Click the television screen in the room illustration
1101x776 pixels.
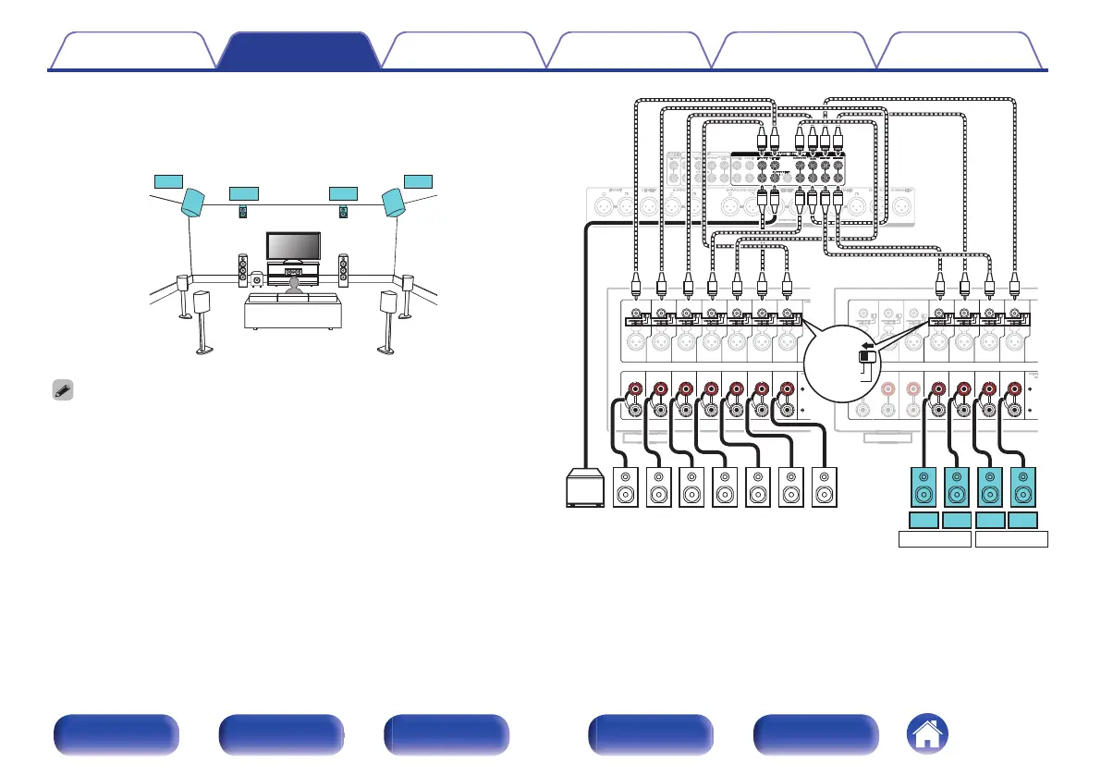(293, 246)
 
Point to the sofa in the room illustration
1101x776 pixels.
(292, 312)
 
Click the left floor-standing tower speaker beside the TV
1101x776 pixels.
(242, 269)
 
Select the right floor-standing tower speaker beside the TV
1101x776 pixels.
(344, 269)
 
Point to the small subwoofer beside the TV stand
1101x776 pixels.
(258, 276)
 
